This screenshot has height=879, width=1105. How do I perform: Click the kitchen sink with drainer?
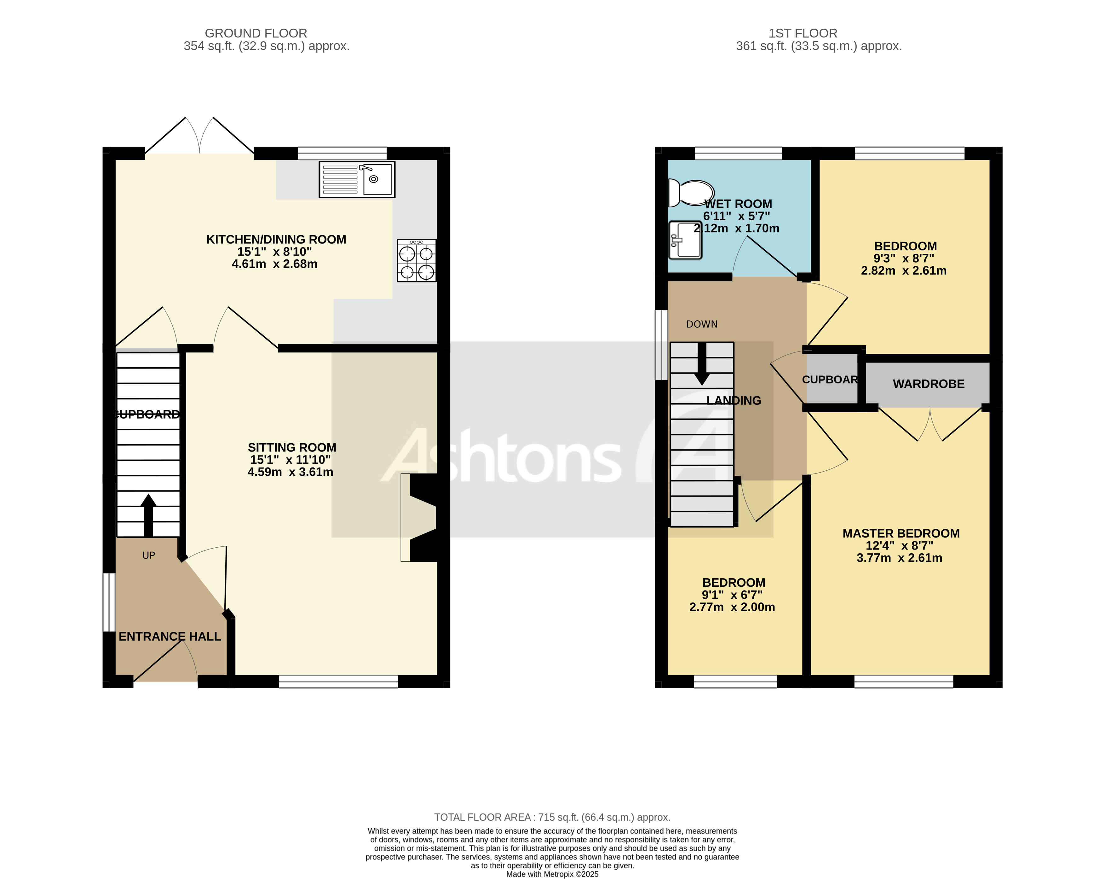coord(357,179)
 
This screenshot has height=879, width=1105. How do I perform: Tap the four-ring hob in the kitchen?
coord(417,260)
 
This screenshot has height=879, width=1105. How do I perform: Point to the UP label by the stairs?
coord(149,556)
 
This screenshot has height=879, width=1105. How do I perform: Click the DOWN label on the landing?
coord(702,324)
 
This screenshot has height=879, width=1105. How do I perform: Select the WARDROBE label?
coord(928,384)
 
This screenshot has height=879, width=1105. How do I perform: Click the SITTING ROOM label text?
coord(292,448)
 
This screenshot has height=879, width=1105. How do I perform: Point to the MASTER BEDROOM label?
coord(901,533)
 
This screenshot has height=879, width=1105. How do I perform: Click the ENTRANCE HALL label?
coord(170,637)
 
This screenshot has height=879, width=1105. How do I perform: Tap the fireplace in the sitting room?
coord(419,517)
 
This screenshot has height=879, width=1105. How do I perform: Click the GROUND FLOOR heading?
coord(256,33)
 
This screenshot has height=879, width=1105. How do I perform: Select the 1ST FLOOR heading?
coord(802,33)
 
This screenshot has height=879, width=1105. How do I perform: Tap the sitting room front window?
coord(338,682)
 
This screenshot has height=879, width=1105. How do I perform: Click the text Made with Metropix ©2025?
coord(552,874)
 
